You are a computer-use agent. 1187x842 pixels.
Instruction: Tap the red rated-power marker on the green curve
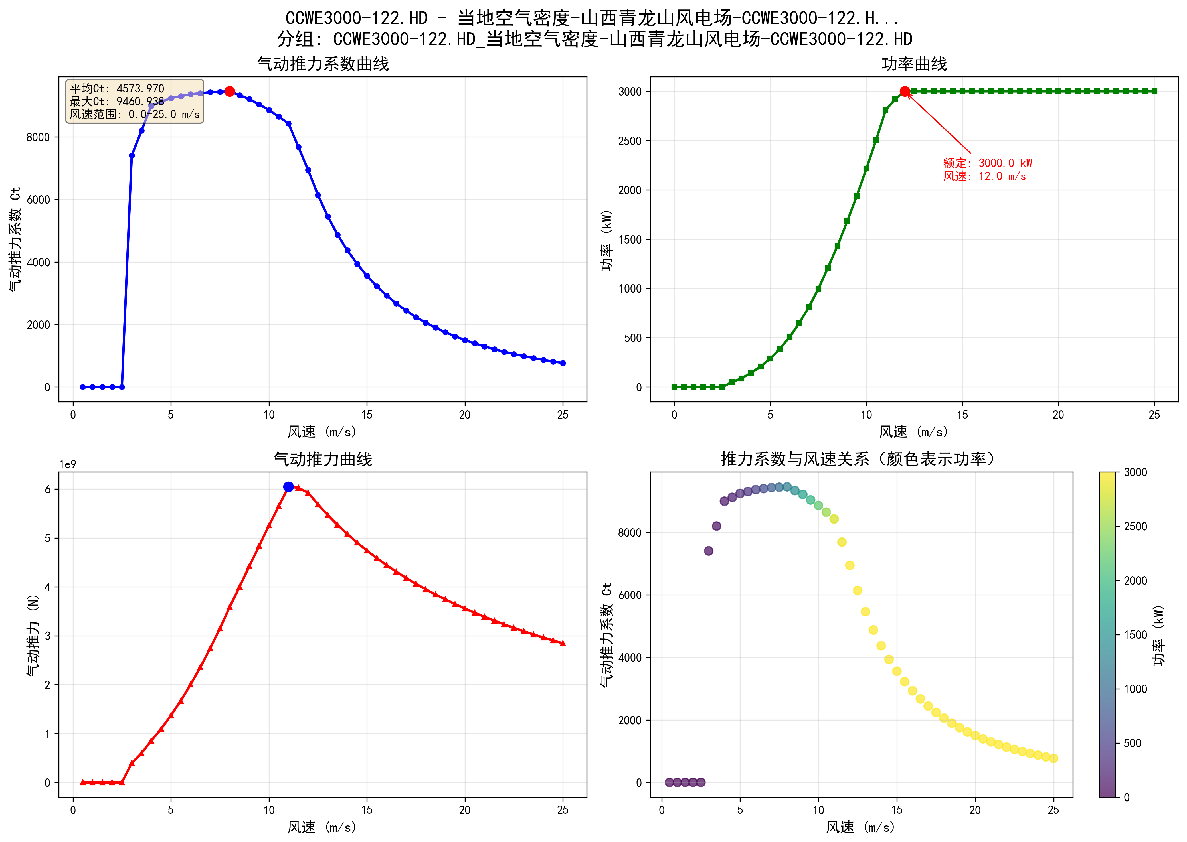point(905,91)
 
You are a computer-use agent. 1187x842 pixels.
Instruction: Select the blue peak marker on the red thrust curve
point(288,487)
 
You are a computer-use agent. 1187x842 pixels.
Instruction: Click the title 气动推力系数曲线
point(323,64)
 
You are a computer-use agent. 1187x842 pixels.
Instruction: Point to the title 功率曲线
point(914,64)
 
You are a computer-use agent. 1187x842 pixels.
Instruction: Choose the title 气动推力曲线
point(323,459)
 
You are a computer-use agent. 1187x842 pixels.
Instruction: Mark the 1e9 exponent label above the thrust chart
point(67,464)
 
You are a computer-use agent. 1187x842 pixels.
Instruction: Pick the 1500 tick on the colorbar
point(1135,635)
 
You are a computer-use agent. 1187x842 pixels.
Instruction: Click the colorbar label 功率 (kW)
point(1158,635)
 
